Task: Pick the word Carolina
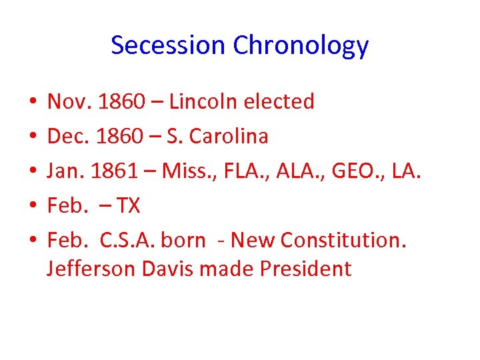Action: [229, 137]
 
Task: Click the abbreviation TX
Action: [128, 206]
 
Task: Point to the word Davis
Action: [172, 269]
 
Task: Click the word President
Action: [305, 269]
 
